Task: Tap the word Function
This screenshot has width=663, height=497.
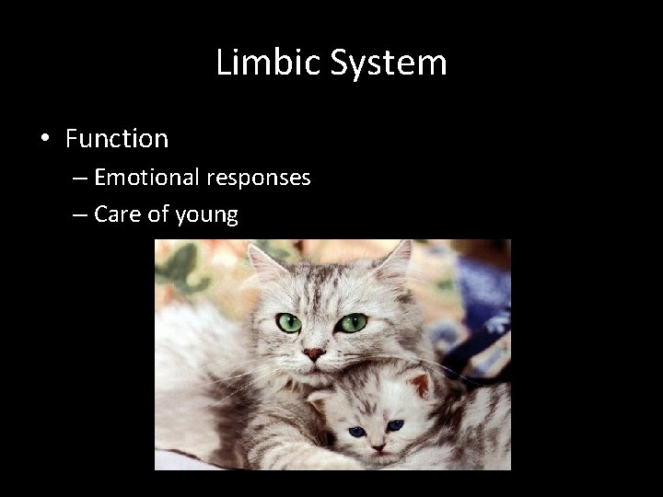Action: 117,139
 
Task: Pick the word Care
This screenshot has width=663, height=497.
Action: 115,215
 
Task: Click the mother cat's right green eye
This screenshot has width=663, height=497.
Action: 353,322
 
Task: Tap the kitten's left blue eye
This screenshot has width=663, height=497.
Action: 356,431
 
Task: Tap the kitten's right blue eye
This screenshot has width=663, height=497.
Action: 396,425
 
